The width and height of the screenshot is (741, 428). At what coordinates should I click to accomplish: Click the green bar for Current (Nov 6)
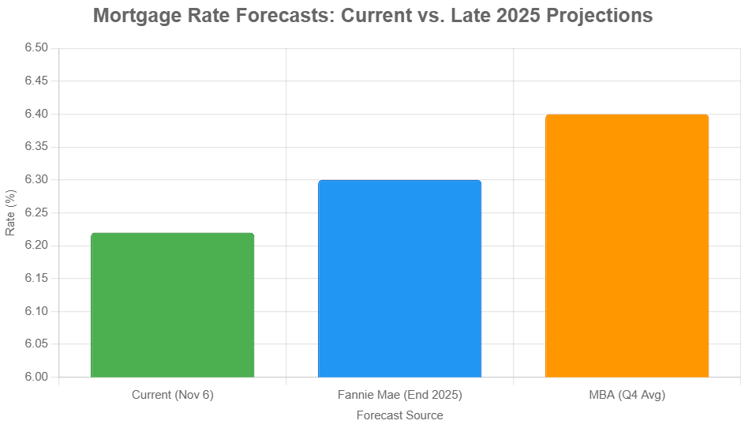point(172,305)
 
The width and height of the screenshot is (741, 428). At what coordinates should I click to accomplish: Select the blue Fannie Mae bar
point(399,279)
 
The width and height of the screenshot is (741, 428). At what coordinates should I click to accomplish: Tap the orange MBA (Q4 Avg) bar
point(627,246)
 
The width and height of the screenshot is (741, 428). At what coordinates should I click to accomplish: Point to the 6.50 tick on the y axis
point(36,48)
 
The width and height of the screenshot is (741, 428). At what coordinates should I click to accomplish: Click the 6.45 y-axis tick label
point(36,81)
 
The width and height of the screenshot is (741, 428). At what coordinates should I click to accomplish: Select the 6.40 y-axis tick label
point(36,115)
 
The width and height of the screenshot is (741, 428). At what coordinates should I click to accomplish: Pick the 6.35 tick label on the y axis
point(36,147)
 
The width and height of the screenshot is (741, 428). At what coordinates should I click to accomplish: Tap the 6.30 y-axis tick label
point(36,180)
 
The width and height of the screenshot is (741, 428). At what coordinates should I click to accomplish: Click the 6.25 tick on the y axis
point(36,213)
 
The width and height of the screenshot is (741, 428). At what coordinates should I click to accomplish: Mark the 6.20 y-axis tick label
point(36,246)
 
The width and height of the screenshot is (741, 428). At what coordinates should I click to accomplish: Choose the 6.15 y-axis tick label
point(36,279)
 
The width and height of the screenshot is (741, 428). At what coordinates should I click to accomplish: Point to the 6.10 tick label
point(36,312)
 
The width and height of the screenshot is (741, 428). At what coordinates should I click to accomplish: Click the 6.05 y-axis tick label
point(36,344)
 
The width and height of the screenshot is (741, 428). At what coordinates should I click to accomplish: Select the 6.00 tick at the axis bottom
point(36,377)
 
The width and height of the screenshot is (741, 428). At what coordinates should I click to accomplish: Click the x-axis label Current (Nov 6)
point(172,395)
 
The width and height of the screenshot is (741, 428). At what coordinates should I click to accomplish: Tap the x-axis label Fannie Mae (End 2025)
point(399,395)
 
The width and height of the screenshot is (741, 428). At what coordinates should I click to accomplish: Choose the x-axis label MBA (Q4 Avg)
point(627,395)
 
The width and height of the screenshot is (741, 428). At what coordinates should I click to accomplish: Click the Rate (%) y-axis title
point(10,212)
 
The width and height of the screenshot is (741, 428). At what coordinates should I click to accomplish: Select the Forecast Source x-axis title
point(399,415)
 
